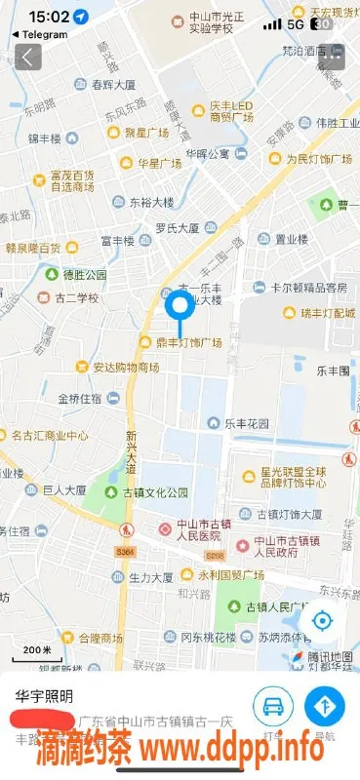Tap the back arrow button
[28, 57]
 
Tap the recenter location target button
[322, 621]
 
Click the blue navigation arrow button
[324, 706]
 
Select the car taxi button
[272, 706]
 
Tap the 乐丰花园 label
[246, 424]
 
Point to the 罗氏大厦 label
[177, 228]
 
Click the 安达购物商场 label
[126, 368]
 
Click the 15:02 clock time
[49, 17]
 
